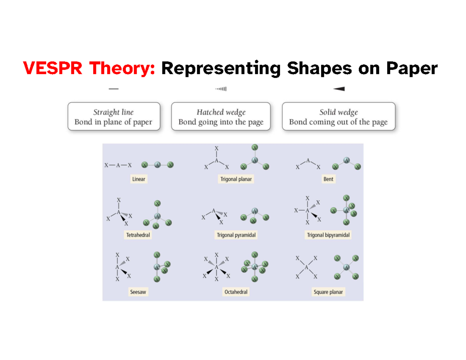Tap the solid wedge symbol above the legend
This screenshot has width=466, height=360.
click(339, 89)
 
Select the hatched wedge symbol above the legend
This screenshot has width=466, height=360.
click(221, 89)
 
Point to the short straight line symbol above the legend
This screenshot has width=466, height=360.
click(113, 89)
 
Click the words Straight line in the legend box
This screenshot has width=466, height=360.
click(113, 112)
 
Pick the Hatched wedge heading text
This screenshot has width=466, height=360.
click(221, 112)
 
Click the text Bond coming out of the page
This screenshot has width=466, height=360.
click(338, 122)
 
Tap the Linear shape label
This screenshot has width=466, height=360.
click(139, 179)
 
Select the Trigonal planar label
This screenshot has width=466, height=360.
click(236, 179)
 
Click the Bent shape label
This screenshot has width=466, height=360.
click(328, 179)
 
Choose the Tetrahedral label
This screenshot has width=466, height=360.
click(138, 235)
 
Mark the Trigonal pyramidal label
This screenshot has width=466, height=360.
click(236, 235)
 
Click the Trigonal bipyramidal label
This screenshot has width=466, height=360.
click(329, 235)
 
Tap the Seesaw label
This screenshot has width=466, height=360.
click(138, 292)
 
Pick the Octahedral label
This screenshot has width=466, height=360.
click(236, 292)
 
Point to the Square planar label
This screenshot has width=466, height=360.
click(329, 292)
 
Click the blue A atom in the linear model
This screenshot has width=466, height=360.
click(157, 165)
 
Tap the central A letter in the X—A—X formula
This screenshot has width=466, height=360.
click(118, 165)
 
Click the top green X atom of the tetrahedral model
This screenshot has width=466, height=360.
click(157, 203)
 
